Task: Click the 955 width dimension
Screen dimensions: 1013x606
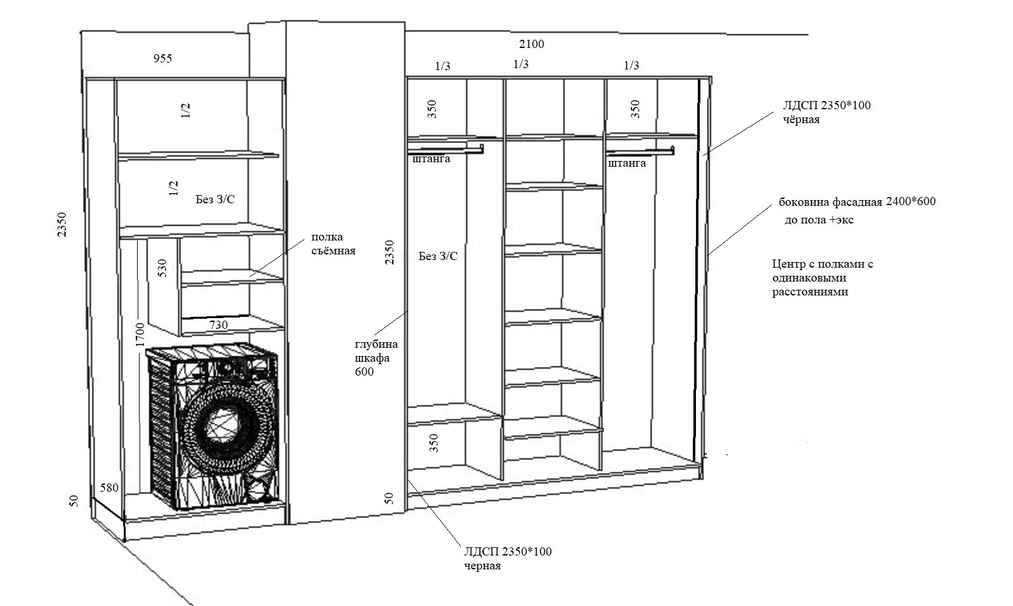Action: pos(163,58)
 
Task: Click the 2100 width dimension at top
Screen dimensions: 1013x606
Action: pos(531,44)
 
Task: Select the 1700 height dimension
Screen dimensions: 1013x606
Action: pos(140,335)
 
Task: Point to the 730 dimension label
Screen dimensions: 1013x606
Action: pos(219,325)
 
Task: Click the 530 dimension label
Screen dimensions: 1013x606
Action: pos(162,268)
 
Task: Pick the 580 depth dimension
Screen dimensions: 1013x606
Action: pos(109,487)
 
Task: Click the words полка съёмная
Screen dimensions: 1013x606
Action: pos(333,244)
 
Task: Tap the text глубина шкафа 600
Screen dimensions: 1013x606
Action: pos(376,358)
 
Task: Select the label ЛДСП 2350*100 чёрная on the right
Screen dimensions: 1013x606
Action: pos(827,112)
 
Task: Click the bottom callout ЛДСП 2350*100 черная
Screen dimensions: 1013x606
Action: pos(508,558)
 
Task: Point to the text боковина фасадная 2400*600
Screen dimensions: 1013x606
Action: pos(857,201)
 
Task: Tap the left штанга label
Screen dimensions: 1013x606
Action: pos(431,158)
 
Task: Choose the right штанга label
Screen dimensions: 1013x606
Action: pos(626,163)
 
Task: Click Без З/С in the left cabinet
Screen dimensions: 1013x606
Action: pos(215,199)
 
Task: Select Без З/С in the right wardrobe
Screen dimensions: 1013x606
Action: pos(438,256)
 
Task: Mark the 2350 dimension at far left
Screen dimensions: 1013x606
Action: pos(62,225)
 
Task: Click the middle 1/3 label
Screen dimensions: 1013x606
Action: pos(521,64)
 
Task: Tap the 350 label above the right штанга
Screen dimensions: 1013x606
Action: pos(635,109)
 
